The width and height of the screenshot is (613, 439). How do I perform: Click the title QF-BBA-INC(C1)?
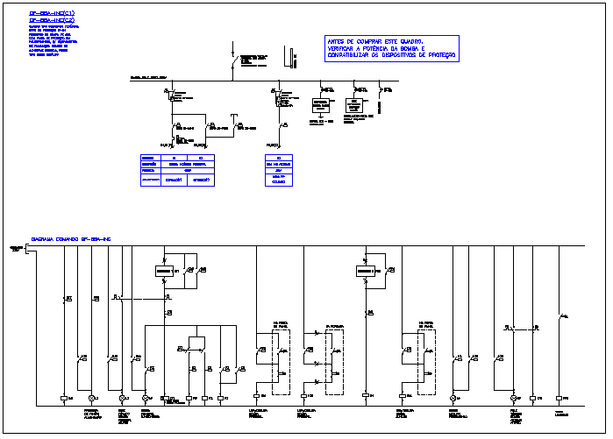(x=53, y=15)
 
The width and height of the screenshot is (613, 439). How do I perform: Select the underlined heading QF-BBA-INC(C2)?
(x=53, y=22)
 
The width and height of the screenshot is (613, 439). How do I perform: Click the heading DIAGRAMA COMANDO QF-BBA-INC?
(x=71, y=238)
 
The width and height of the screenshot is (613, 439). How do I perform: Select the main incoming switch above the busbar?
(x=233, y=62)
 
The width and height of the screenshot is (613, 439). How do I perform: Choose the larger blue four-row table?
(x=178, y=170)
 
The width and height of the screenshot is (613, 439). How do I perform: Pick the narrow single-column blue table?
(x=279, y=170)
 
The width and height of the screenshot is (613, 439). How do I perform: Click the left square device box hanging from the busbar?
(x=321, y=105)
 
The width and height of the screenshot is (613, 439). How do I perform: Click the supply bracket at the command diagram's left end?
(x=26, y=251)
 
